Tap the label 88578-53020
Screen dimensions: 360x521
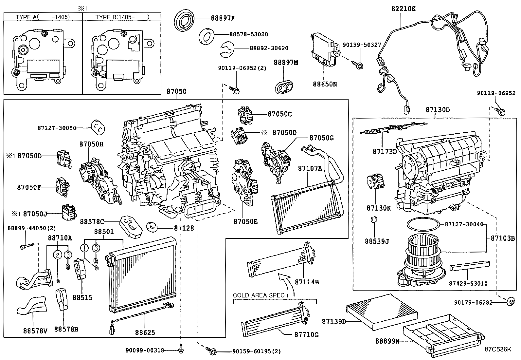pos(248,34)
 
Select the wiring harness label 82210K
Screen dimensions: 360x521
pos(403,9)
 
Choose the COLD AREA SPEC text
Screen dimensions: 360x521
pos(259,295)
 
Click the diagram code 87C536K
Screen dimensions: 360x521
pos(498,349)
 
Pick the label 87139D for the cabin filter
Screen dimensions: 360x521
pos(334,321)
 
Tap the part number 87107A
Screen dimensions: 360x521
pos(310,168)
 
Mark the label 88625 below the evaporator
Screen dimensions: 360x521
pos(145,332)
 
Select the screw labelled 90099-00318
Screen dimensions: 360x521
pos(181,351)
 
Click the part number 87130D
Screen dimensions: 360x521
pos(438,110)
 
